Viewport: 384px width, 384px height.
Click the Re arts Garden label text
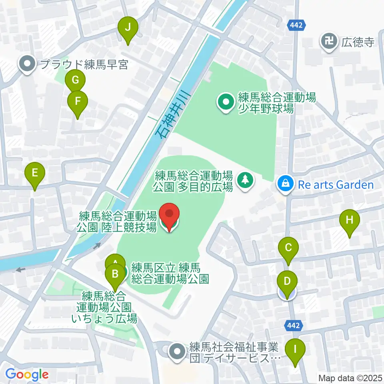coord(334,185)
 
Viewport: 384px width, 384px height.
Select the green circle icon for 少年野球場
coord(226,103)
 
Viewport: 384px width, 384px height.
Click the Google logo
coord(27,374)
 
